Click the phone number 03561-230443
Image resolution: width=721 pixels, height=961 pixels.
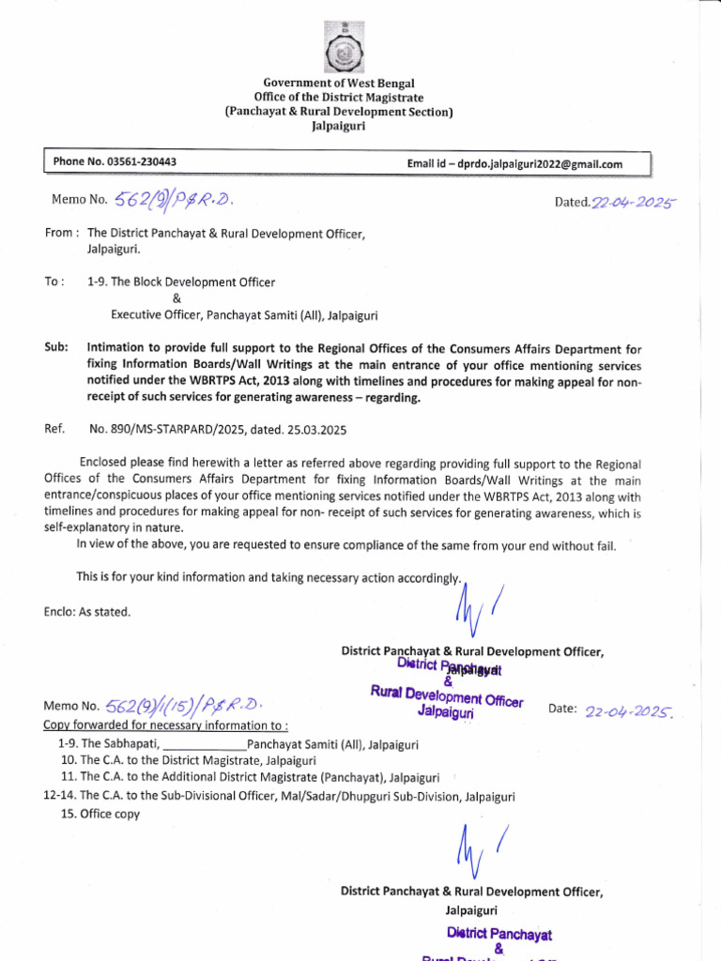click(142, 162)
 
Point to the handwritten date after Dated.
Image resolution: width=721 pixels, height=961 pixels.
click(634, 202)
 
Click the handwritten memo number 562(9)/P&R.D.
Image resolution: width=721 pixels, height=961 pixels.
click(173, 199)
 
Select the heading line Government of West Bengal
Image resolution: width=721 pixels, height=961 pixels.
click(338, 84)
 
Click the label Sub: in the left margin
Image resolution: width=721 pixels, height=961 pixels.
click(56, 347)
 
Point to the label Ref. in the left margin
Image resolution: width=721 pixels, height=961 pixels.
click(54, 429)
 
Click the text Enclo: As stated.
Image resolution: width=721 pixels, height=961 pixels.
click(87, 612)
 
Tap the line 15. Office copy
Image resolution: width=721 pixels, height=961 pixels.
click(100, 814)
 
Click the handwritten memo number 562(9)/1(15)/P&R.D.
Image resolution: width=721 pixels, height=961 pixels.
click(186, 706)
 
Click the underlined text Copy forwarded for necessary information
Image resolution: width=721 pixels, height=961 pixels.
click(165, 725)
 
